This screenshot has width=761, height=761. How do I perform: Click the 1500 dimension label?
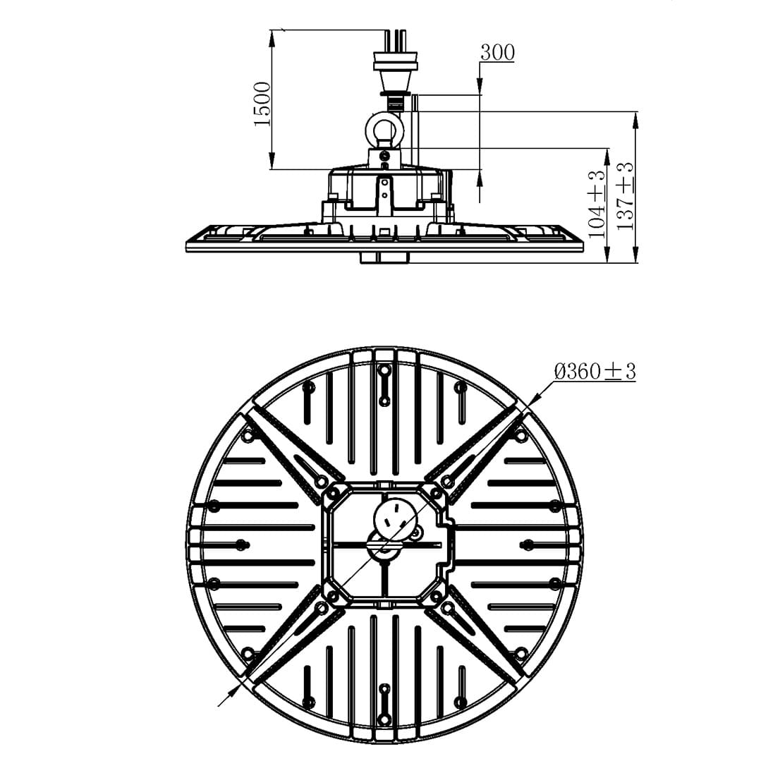click(x=262, y=104)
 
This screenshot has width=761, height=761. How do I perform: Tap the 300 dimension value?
click(x=497, y=52)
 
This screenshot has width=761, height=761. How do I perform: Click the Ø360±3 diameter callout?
click(x=595, y=371)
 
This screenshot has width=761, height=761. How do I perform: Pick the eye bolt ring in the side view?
click(x=384, y=129)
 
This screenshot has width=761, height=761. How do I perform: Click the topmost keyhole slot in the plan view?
click(x=384, y=384)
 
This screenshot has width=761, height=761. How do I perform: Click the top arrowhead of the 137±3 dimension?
click(x=635, y=120)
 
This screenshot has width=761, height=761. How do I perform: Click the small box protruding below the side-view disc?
click(x=384, y=257)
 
